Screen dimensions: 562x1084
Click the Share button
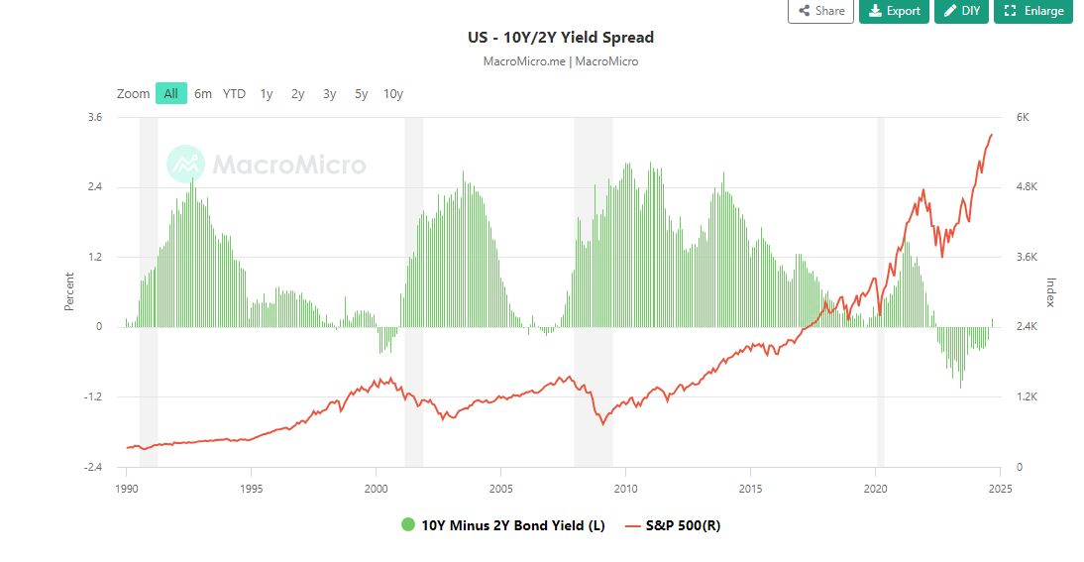pos(820,11)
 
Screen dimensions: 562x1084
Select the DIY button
pos(961,11)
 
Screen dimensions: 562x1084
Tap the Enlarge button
pos(1034,11)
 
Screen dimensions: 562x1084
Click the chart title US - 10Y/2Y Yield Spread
pos(561,38)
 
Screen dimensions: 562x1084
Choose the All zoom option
pos(171,93)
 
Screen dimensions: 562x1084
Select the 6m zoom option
pos(203,93)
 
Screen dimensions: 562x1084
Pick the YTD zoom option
pos(234,93)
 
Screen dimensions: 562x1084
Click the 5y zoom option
pos(362,93)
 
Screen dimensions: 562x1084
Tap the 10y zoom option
pos(393,93)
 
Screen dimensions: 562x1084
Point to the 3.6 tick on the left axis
pos(95,117)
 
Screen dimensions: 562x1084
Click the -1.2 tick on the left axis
pos(93,396)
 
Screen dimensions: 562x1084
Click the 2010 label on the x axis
pos(625,488)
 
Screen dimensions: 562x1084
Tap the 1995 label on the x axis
pos(251,488)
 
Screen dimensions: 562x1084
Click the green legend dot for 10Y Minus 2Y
pos(408,525)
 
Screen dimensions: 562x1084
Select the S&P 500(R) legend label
pos(683,525)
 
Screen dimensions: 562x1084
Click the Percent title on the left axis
pos(69,291)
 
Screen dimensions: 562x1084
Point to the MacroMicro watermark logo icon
pos(185,165)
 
